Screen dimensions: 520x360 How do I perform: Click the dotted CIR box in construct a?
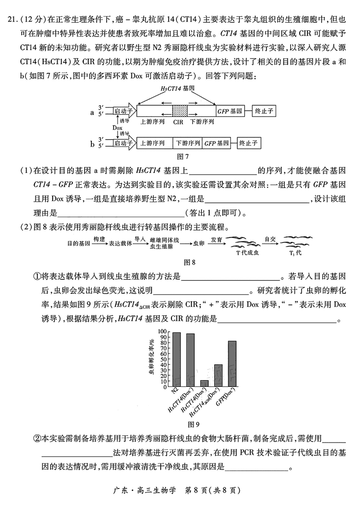coord(180,110)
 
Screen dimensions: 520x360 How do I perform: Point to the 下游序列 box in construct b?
coord(188,143)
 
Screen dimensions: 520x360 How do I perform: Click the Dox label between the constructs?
coord(117,127)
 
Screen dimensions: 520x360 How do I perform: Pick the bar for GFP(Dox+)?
coord(232,362)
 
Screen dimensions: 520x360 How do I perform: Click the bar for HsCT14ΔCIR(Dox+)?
coord(218,373)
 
